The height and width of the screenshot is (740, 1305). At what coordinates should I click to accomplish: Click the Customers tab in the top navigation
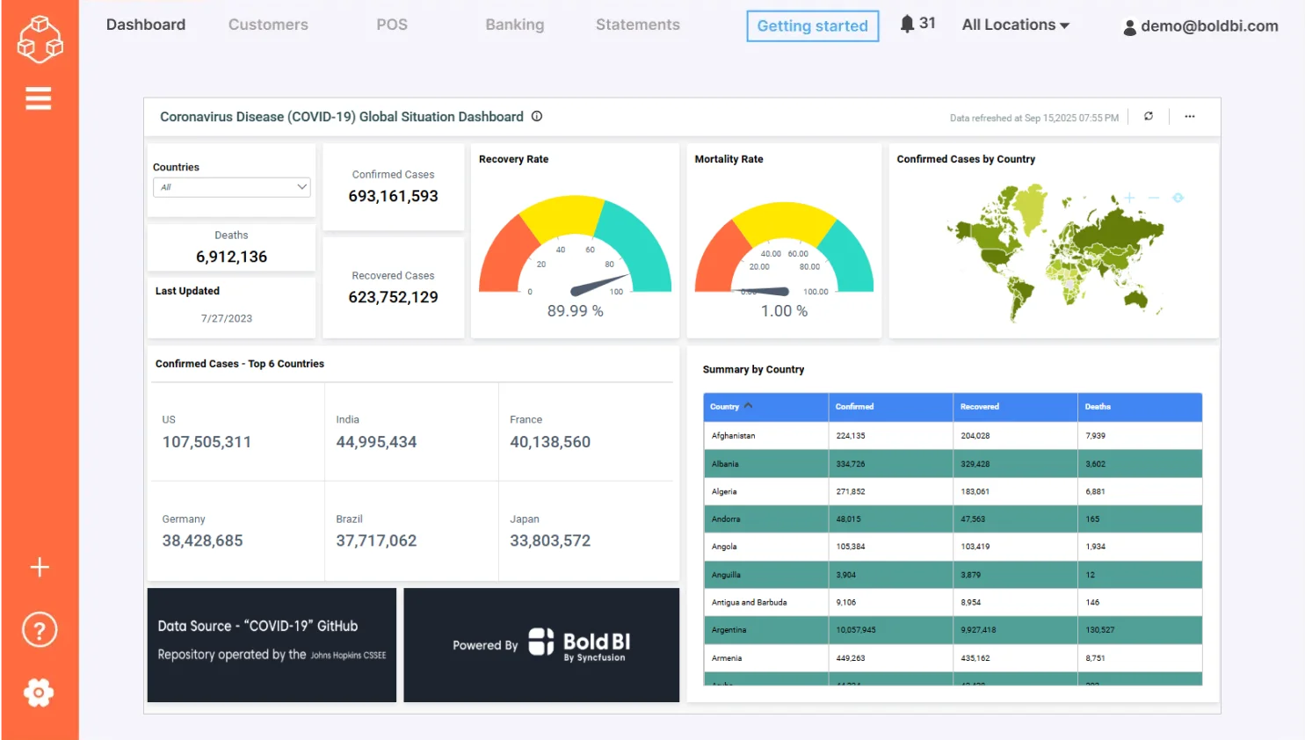(x=268, y=25)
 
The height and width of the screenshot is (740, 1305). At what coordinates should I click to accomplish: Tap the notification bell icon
(x=907, y=24)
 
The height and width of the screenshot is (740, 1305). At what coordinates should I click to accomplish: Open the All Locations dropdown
(x=1015, y=25)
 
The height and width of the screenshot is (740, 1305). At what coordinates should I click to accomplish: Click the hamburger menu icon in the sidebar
(x=39, y=98)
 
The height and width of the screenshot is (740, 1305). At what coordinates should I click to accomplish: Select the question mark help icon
(x=40, y=630)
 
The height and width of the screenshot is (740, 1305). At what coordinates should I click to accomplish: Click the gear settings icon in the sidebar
(x=39, y=693)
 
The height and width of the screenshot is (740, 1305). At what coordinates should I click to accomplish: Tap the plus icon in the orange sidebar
(x=40, y=567)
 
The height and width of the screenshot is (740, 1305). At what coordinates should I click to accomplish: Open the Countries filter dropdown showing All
(x=232, y=187)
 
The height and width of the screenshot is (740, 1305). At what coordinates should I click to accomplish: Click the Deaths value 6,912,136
(x=231, y=257)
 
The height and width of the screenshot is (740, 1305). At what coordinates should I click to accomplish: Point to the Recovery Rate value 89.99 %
(x=575, y=311)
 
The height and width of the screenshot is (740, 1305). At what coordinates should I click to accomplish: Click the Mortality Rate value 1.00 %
(x=784, y=311)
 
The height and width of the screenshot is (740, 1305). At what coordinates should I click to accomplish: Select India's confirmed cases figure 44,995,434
(x=376, y=442)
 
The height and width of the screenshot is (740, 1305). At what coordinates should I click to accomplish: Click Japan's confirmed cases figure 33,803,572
(x=550, y=540)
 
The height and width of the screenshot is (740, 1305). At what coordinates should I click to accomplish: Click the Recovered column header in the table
(x=980, y=407)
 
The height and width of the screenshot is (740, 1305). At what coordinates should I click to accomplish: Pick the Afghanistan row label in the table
(x=733, y=436)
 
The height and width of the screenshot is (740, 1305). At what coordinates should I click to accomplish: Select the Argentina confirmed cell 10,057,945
(x=855, y=630)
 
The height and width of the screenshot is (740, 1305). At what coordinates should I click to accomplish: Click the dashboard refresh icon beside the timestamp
(x=1148, y=116)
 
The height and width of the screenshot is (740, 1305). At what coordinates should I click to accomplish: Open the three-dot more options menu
(x=1189, y=116)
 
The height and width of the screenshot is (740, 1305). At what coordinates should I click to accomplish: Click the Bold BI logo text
(x=596, y=642)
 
